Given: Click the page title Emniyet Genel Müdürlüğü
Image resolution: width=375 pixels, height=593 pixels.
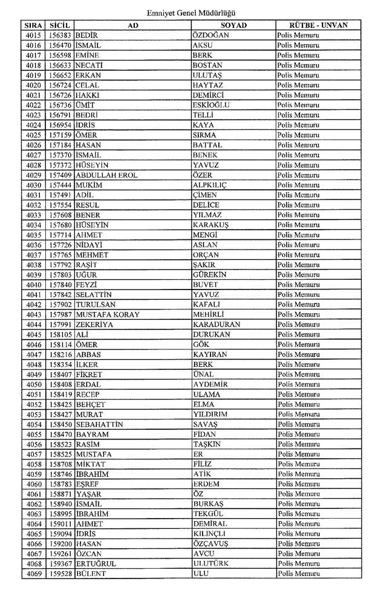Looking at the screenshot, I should tap(191, 12).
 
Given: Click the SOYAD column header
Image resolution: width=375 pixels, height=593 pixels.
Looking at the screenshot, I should tap(233, 25).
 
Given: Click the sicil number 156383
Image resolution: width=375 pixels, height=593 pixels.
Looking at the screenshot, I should tap(60, 36).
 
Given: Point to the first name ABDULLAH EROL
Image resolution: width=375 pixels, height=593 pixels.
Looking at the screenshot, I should tap(106, 175).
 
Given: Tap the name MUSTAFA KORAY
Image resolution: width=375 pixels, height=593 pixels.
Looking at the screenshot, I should tap(107, 314).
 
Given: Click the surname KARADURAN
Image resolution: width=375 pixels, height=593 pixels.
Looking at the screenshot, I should tap(217, 325).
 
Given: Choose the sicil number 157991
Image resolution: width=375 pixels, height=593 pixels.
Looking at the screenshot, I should tap(60, 325).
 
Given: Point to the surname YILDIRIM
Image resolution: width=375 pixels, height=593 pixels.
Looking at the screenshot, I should tap(211, 414).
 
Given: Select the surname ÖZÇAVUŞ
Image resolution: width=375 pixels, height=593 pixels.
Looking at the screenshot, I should tap(210, 544).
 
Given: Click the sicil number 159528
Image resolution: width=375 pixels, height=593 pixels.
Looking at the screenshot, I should tap(60, 574).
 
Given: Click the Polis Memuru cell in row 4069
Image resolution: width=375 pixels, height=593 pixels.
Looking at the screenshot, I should tap(298, 574).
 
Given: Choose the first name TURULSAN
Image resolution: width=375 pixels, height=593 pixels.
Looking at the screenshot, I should tap(96, 305).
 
